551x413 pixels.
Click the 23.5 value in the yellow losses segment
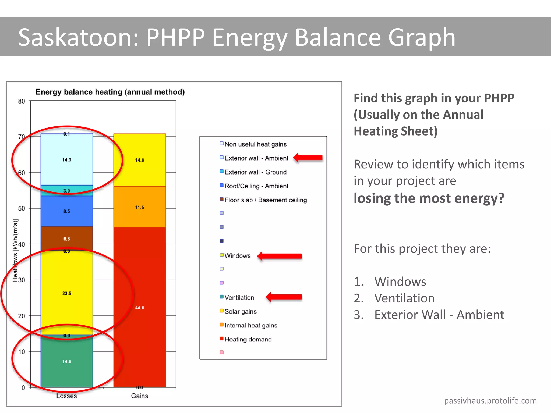tap(67, 293)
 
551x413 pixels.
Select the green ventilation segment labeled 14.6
tap(67, 361)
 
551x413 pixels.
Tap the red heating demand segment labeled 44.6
tap(139, 308)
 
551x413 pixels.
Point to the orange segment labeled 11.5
tap(139, 207)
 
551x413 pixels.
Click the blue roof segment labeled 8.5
tap(67, 211)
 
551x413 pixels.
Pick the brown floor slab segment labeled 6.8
tap(67, 239)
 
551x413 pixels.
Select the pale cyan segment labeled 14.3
tap(67, 160)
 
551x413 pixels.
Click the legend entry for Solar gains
tap(240, 311)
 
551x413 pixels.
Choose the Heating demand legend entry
tap(248, 339)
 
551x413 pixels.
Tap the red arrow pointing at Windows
tap(280, 256)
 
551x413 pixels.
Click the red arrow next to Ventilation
tap(284, 297)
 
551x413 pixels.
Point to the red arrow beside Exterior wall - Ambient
tap(308, 158)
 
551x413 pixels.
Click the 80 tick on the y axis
tap(22, 101)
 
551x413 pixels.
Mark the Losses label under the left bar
tap(66, 396)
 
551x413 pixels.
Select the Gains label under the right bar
tap(139, 396)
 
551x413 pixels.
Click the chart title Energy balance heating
tap(110, 92)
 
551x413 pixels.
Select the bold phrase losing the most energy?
tap(429, 198)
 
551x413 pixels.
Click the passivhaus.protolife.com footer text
tap(490, 401)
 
